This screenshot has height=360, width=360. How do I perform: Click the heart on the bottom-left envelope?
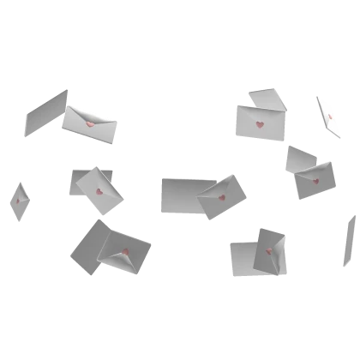click(125, 252)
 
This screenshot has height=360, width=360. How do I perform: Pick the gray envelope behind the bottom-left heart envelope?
click(86, 246)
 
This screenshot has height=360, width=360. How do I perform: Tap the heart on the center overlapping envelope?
click(221, 197)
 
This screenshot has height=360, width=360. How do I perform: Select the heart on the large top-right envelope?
click(259, 124)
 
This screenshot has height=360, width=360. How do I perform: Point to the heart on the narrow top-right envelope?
click(330, 116)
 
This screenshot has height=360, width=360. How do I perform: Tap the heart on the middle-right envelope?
click(315, 181)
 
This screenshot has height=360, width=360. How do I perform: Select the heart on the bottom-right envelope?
click(269, 250)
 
